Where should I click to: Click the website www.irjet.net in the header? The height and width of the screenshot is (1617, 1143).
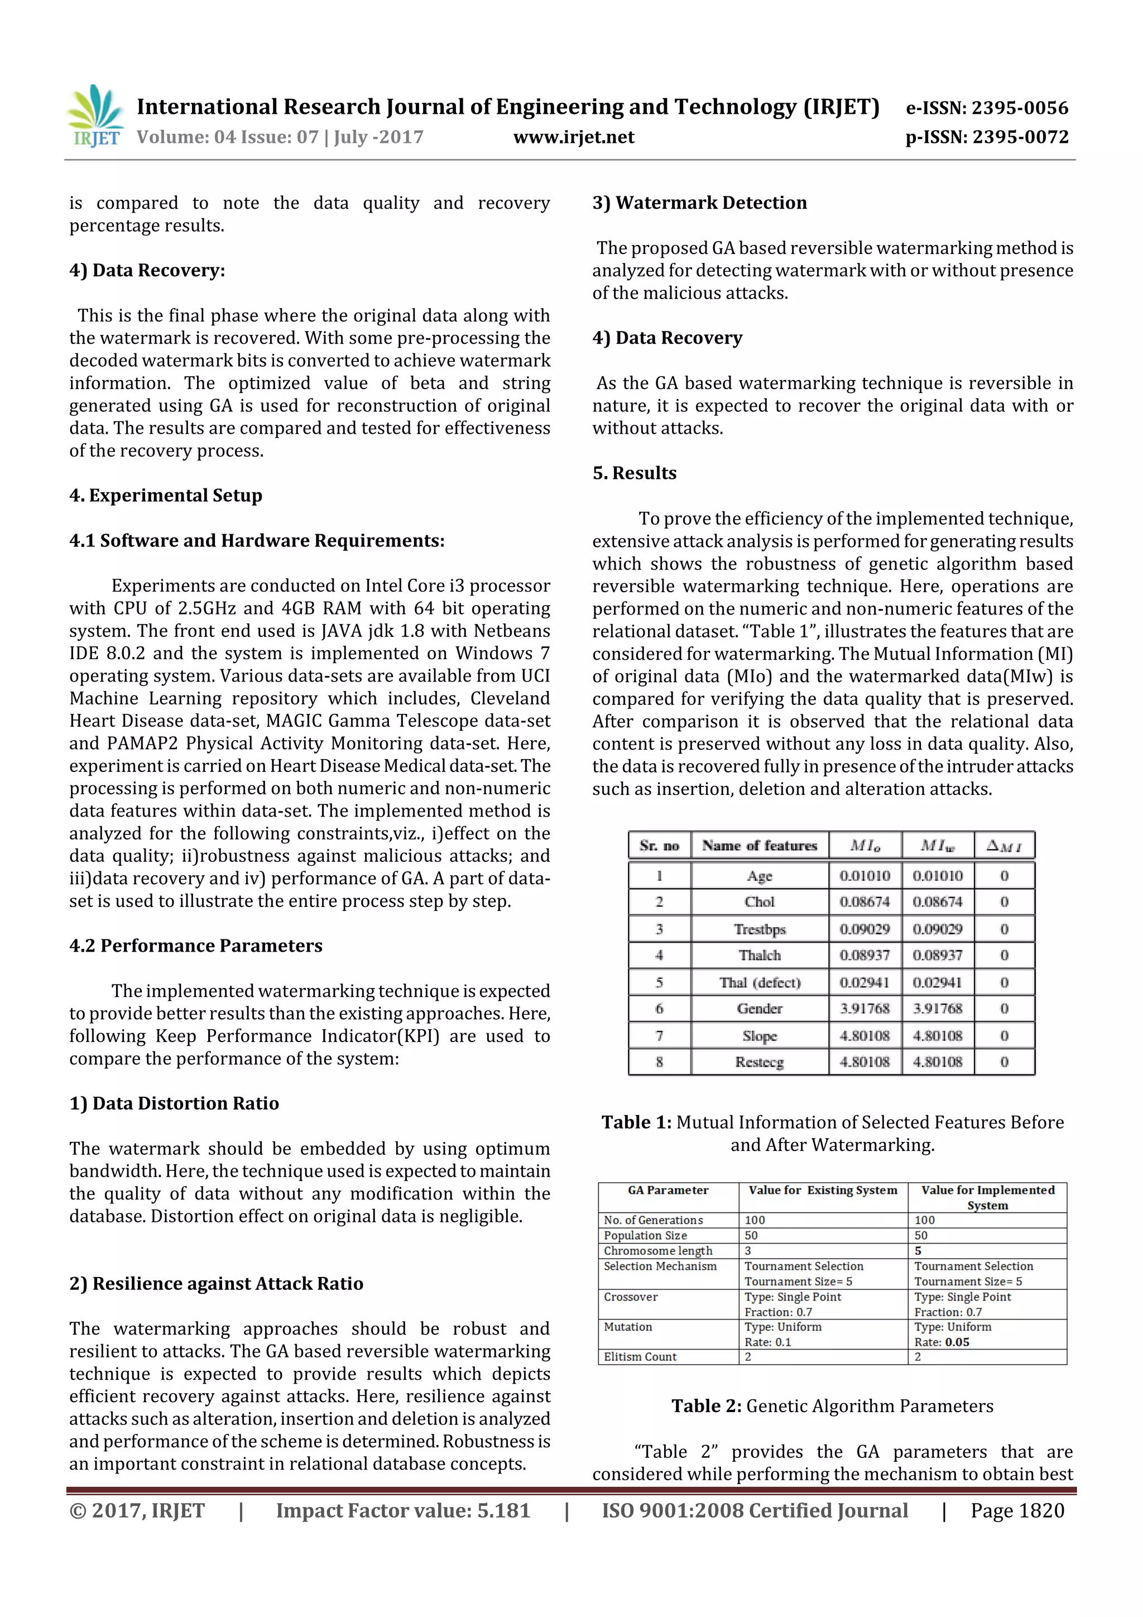click(x=573, y=137)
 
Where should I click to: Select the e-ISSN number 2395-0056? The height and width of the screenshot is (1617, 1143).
click(x=1019, y=108)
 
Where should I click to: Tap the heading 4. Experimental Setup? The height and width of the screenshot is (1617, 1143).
click(x=166, y=495)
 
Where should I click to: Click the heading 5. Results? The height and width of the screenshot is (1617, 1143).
click(x=634, y=473)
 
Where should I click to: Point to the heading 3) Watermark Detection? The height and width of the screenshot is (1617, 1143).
click(x=699, y=203)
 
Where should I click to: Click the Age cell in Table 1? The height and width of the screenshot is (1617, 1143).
click(x=759, y=875)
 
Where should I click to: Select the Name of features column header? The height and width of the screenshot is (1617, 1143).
click(x=759, y=845)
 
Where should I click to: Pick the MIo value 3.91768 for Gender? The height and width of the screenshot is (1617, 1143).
click(x=864, y=1009)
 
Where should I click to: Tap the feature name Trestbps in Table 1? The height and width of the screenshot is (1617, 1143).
click(x=759, y=929)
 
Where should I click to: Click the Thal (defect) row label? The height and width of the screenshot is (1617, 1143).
click(x=759, y=982)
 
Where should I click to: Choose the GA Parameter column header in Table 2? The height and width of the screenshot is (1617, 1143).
click(x=667, y=1190)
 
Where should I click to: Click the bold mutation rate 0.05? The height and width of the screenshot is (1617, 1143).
click(x=957, y=1342)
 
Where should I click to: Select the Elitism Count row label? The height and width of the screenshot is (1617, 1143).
click(x=640, y=1356)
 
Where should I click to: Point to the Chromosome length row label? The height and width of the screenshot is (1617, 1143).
click(x=658, y=1251)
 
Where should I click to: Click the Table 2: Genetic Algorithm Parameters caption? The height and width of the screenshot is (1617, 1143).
click(x=832, y=1407)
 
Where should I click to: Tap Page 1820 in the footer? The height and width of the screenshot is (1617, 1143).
click(x=1017, y=1510)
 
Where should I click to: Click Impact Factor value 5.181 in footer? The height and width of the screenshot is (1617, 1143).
click(x=402, y=1510)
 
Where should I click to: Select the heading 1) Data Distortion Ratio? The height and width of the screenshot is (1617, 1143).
click(x=174, y=1103)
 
